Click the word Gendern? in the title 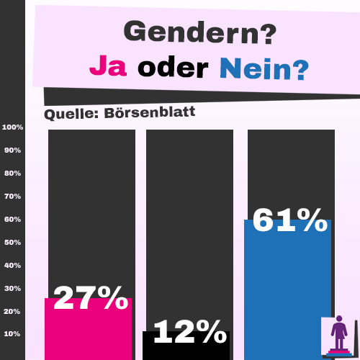pos(199,32)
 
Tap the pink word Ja pos(109,67)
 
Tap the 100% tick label pos(13,127)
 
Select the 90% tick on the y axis pos(14,150)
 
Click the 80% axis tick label pos(14,174)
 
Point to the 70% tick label pos(14,197)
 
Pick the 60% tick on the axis pos(14,220)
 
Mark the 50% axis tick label pos(14,243)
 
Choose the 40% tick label pos(14,266)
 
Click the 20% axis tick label pos(14,312)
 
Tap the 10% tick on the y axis pos(14,334)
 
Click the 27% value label pos(90,297)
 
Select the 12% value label pos(189,332)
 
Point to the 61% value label pos(289,220)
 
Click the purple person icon pos(338,334)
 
